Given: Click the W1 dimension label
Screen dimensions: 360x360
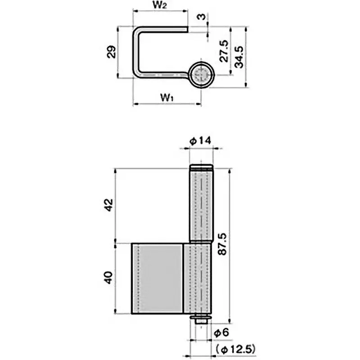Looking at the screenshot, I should (166, 96).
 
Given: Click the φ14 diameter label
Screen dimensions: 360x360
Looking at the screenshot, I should (200, 141).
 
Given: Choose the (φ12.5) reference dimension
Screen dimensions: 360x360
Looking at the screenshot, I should (236, 348).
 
